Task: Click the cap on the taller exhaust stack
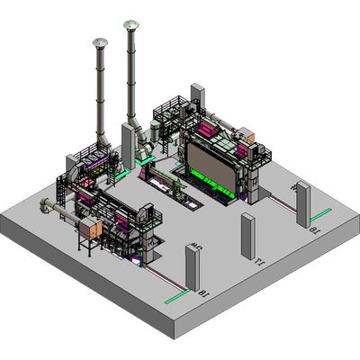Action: [131, 25]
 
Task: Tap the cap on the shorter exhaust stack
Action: [99, 42]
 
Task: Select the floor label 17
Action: [258, 263]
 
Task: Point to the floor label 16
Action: [314, 231]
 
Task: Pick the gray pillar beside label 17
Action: [247, 236]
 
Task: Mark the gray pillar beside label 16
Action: [303, 204]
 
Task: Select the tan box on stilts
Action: [90, 229]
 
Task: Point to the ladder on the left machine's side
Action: [59, 193]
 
